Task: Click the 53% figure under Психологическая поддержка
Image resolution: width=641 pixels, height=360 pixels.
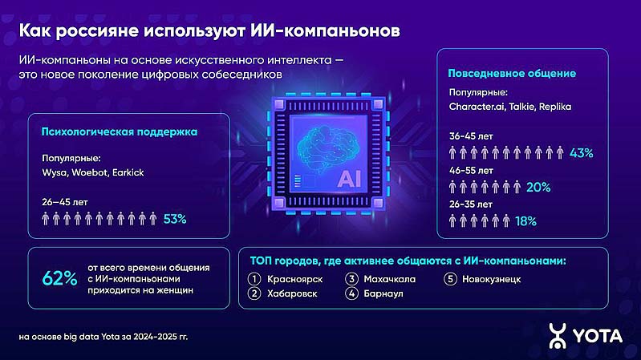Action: [x=175, y=220]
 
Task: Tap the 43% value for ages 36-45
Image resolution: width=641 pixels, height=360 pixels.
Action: [x=582, y=153]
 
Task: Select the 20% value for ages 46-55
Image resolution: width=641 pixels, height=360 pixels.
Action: [x=538, y=187]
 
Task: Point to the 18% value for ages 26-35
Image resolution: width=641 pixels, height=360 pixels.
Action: [x=525, y=221]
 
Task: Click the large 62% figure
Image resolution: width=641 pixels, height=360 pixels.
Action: [x=59, y=279]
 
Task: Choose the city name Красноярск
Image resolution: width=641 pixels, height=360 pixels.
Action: [x=294, y=280]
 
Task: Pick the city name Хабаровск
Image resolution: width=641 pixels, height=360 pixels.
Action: [x=292, y=293]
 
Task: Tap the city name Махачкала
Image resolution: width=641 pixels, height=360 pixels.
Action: [x=389, y=280]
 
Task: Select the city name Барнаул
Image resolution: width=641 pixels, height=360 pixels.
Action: [x=383, y=293]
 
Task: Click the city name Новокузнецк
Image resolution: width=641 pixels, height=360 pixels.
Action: [x=491, y=280]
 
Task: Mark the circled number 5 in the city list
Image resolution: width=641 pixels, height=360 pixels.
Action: [x=450, y=279]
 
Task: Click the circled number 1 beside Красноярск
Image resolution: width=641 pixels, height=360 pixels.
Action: [x=254, y=279]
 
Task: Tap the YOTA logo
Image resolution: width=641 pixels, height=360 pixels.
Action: [x=586, y=336]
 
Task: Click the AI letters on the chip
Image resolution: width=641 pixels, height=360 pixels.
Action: [x=349, y=179]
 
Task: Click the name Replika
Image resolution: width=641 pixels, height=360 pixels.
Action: [x=554, y=107]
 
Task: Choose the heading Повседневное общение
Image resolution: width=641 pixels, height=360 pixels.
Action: [x=512, y=74]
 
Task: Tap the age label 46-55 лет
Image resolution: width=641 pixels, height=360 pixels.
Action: [x=471, y=171]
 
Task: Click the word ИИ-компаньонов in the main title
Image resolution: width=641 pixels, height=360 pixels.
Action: [x=325, y=31]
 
